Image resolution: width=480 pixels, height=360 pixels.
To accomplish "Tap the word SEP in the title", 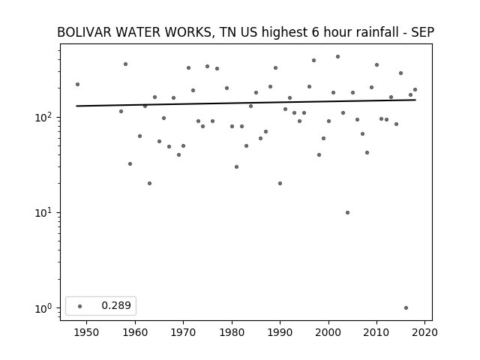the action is [422, 32].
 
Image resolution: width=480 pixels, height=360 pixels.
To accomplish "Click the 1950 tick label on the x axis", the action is [86, 332].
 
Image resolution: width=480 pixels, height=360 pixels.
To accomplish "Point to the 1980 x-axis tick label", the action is [232, 332].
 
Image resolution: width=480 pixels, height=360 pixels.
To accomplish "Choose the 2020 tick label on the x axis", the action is [424, 332].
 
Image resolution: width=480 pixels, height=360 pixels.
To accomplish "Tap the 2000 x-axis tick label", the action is [328, 332].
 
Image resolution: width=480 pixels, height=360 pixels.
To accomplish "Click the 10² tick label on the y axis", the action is [45, 117].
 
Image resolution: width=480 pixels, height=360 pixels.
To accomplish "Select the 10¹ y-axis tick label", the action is [45, 212].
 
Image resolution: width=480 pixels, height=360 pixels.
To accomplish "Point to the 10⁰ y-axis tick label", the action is [45, 308].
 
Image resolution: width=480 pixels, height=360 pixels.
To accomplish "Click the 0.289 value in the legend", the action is [116, 305].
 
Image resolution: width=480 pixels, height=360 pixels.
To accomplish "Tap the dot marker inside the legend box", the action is [80, 306].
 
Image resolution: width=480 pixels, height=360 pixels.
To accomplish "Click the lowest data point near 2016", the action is [406, 308].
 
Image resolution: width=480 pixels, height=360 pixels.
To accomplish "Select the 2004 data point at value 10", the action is [347, 212].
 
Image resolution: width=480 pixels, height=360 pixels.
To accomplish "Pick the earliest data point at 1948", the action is [77, 84].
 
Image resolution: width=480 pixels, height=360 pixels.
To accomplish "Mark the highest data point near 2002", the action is [337, 57].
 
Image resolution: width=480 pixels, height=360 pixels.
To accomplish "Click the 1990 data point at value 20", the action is [280, 183].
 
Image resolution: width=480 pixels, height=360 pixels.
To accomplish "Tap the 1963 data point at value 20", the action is [149, 183].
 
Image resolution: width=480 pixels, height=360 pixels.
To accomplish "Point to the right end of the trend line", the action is [415, 100].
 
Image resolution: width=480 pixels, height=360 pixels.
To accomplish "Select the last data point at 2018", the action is [415, 90].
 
